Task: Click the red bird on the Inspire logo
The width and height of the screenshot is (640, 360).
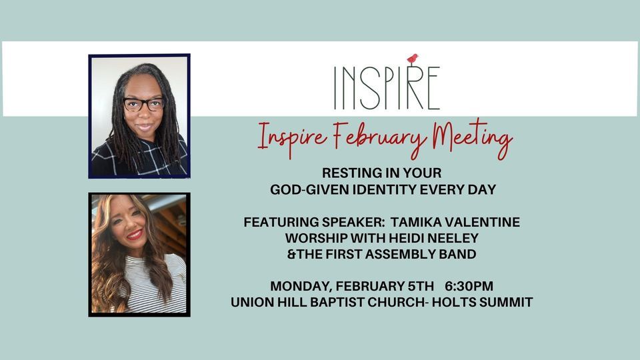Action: [413, 59]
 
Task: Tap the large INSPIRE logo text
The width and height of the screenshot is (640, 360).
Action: [387, 87]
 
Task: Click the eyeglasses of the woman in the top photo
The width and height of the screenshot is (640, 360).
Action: [143, 104]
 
